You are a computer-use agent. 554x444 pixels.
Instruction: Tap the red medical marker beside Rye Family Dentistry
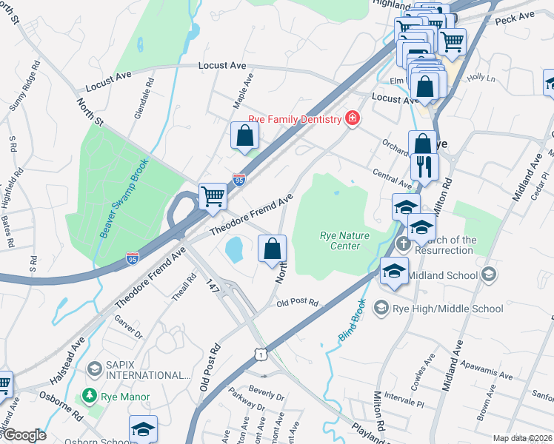click(x=352, y=118)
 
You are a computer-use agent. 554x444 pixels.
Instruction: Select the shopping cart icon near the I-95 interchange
click(x=213, y=196)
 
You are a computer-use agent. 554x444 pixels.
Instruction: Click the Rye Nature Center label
click(x=339, y=240)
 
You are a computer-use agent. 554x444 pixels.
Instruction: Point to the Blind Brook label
click(x=353, y=319)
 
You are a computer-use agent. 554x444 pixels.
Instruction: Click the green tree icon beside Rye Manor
click(x=90, y=397)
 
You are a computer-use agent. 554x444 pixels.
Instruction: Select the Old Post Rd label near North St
click(x=297, y=303)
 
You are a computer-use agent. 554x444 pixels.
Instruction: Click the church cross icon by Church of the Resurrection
click(x=403, y=243)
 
